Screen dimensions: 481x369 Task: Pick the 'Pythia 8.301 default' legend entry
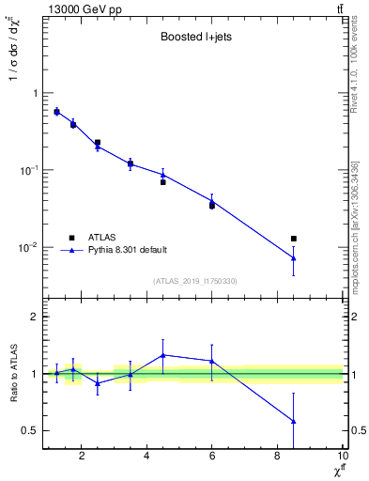(x=127, y=250)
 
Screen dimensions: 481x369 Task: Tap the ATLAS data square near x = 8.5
(x=294, y=239)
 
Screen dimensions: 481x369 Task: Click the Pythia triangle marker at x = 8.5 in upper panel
(x=294, y=258)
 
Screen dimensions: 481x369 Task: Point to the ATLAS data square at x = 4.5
(x=163, y=182)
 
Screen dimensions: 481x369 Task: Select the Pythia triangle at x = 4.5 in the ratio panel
(x=163, y=355)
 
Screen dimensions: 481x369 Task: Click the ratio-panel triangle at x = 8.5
(x=294, y=421)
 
